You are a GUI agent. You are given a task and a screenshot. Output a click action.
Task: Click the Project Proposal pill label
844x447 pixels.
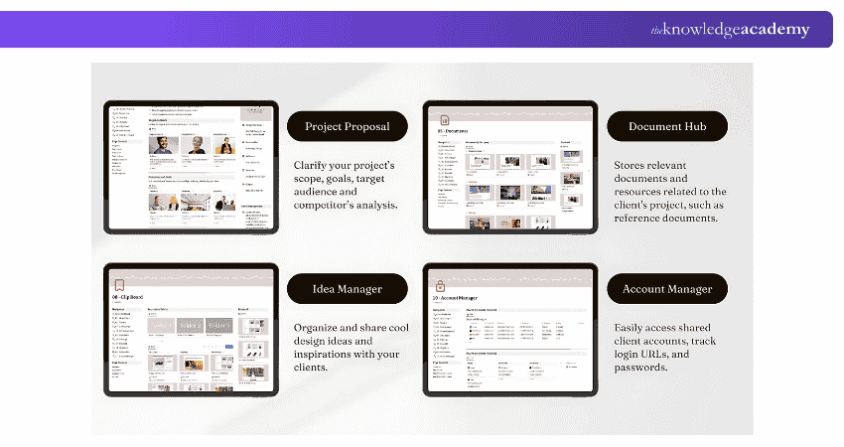click(348, 126)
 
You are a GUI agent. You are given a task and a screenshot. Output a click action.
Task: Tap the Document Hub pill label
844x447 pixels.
click(666, 126)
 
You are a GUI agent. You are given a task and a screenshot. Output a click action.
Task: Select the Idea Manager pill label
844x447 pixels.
click(347, 289)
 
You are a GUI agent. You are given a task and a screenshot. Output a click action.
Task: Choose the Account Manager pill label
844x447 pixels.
click(666, 289)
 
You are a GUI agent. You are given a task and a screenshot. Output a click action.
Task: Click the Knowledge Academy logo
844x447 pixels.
click(730, 30)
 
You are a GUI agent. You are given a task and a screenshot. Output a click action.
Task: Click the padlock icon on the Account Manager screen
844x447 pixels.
click(442, 285)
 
